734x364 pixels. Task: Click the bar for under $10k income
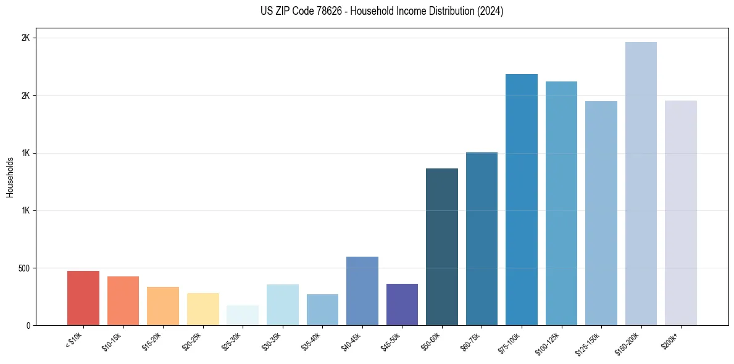[x=83, y=298]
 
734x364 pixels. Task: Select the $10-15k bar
[x=123, y=300]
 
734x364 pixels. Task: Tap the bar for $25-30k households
[x=243, y=315]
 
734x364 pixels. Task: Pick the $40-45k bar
[x=362, y=291]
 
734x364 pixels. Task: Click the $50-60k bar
[x=442, y=247]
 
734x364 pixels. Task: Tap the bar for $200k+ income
[x=681, y=213]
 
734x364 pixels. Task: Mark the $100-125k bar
[x=561, y=203]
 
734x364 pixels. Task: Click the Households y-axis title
[x=10, y=177]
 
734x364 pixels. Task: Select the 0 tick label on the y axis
[x=28, y=325]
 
